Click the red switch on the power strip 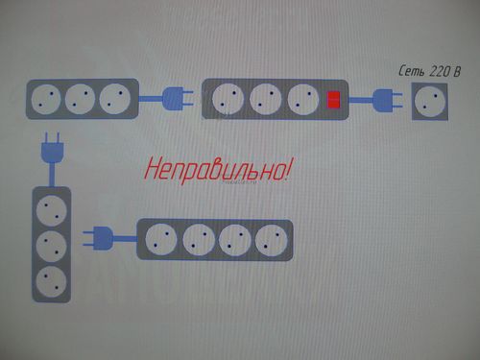[x=334, y=99]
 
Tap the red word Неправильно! [x=219, y=171]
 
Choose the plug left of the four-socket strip [x=107, y=236]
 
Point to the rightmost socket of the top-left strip [x=114, y=99]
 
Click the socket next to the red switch [x=300, y=99]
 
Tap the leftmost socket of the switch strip [x=230, y=99]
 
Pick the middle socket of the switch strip [x=265, y=99]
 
